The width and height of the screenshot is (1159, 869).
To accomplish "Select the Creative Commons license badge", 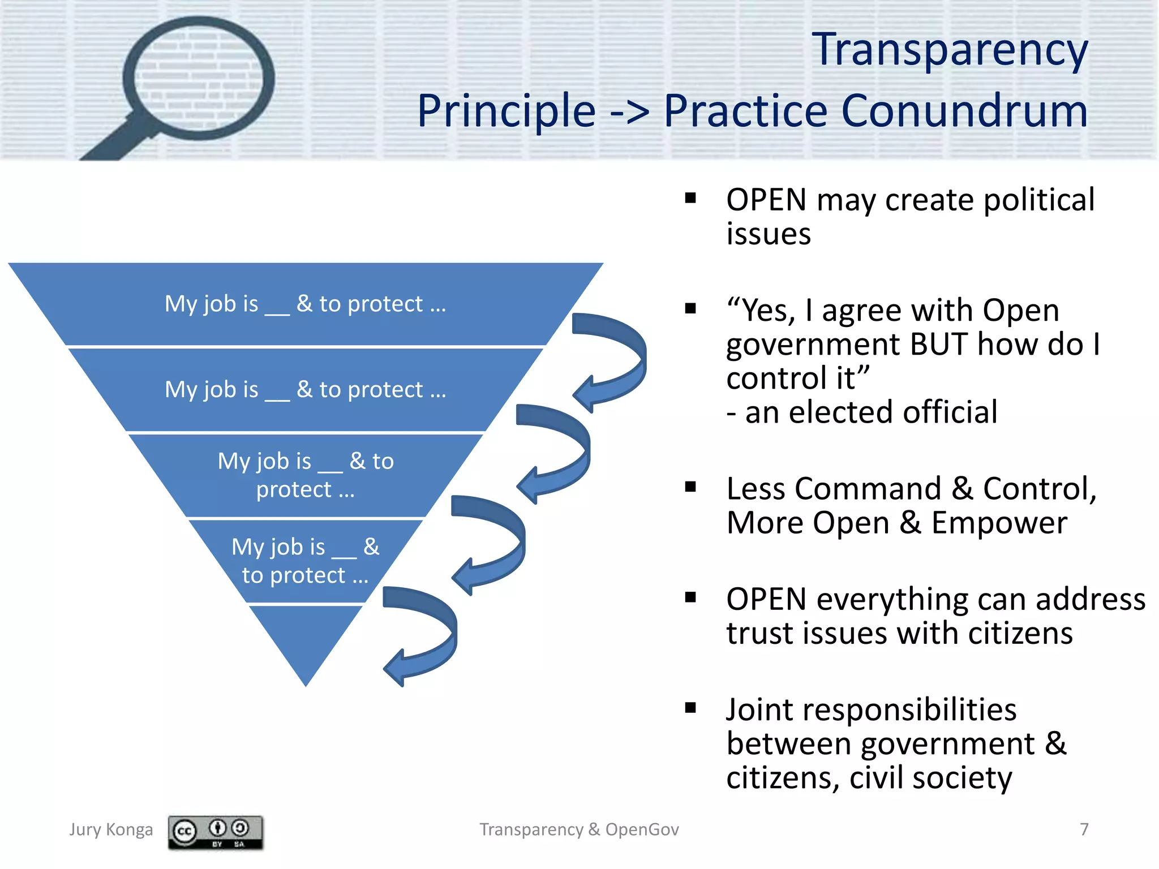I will click(215, 832).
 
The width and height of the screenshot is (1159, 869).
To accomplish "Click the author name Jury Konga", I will click(111, 829).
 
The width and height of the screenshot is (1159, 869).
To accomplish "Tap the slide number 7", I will click(1084, 829).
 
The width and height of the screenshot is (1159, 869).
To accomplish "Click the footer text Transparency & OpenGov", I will click(579, 829).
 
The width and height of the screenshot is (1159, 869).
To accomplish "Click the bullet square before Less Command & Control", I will click(690, 487).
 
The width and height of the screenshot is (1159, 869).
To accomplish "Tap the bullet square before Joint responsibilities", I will click(690, 708).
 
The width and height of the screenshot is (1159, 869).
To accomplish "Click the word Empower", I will click(999, 523).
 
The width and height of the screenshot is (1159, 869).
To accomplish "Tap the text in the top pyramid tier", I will click(306, 304).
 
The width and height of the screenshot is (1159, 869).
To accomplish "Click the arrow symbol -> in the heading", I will click(629, 112).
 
